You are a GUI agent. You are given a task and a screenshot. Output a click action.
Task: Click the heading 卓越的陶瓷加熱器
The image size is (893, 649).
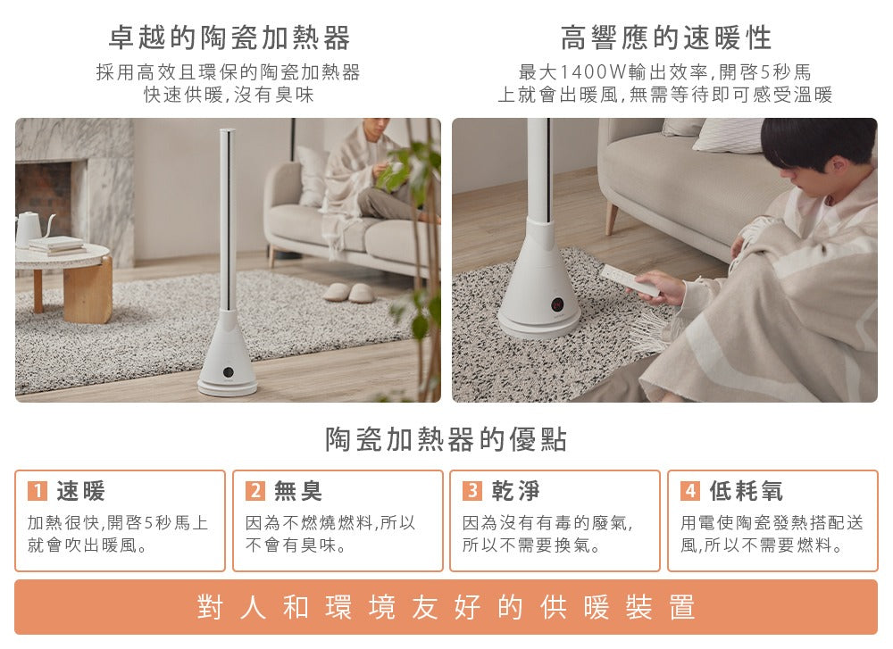[x=229, y=37]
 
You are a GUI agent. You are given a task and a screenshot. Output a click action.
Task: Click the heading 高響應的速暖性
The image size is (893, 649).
[x=666, y=37]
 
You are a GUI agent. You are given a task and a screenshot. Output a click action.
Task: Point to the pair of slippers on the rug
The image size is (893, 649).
[x=348, y=293]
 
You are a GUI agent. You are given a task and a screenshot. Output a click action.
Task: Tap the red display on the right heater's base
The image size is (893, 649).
[x=557, y=304]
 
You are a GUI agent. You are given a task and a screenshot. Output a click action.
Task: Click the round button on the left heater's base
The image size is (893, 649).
[x=228, y=372]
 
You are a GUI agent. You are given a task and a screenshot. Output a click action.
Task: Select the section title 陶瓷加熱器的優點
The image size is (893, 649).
[x=446, y=439]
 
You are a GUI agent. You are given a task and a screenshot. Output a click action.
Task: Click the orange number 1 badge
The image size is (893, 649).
[x=37, y=491]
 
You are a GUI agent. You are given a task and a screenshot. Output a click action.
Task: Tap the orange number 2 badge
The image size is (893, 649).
[x=255, y=491]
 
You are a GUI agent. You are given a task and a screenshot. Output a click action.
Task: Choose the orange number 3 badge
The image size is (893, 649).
[x=472, y=491]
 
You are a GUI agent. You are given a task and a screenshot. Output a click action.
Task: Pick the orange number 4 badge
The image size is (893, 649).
[x=690, y=491]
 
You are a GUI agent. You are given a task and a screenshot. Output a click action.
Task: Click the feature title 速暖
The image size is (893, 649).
[x=81, y=491]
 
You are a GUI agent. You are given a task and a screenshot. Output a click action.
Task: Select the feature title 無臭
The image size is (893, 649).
[x=298, y=491]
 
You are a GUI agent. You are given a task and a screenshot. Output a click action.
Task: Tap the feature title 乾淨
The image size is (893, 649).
[x=516, y=491]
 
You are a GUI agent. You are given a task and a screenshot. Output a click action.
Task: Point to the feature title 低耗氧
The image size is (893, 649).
[x=746, y=491]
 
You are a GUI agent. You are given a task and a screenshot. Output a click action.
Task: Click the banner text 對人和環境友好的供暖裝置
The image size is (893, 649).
[x=446, y=607]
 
